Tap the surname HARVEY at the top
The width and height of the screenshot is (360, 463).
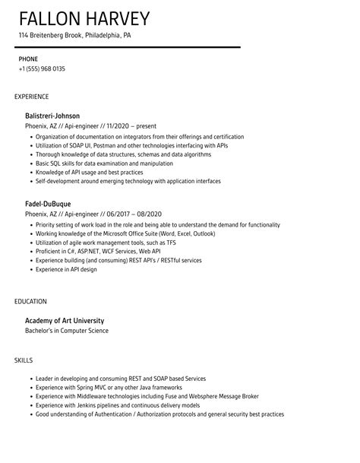coord(117,18)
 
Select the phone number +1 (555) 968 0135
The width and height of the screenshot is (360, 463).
coord(42,69)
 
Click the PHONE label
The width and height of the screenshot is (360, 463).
coord(28,59)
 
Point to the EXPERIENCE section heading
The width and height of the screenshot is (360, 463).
coord(31,97)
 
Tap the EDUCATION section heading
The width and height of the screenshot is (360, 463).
coord(30,302)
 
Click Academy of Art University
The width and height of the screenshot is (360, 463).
coord(65,320)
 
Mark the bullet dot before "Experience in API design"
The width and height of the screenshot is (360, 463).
coord(30,270)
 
